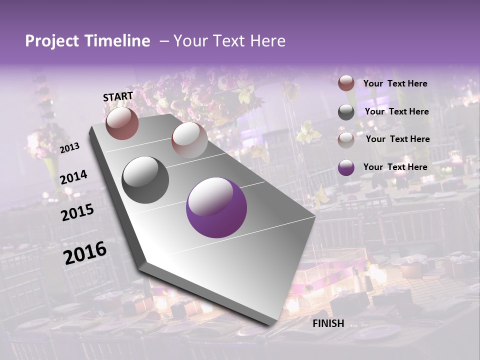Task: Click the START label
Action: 118,96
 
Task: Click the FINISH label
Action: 328,323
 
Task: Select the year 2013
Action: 70,148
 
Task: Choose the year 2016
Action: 85,253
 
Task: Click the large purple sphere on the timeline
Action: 216,207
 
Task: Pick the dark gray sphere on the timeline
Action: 145,180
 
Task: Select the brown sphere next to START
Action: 122,123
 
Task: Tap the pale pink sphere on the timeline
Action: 189,140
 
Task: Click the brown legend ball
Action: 346,83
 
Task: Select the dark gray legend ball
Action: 346,112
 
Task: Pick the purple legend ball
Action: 346,167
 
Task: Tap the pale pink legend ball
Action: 346,139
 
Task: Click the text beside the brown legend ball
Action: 395,83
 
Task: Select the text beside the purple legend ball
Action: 395,167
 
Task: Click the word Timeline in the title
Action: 119,41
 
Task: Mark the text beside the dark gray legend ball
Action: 396,111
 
